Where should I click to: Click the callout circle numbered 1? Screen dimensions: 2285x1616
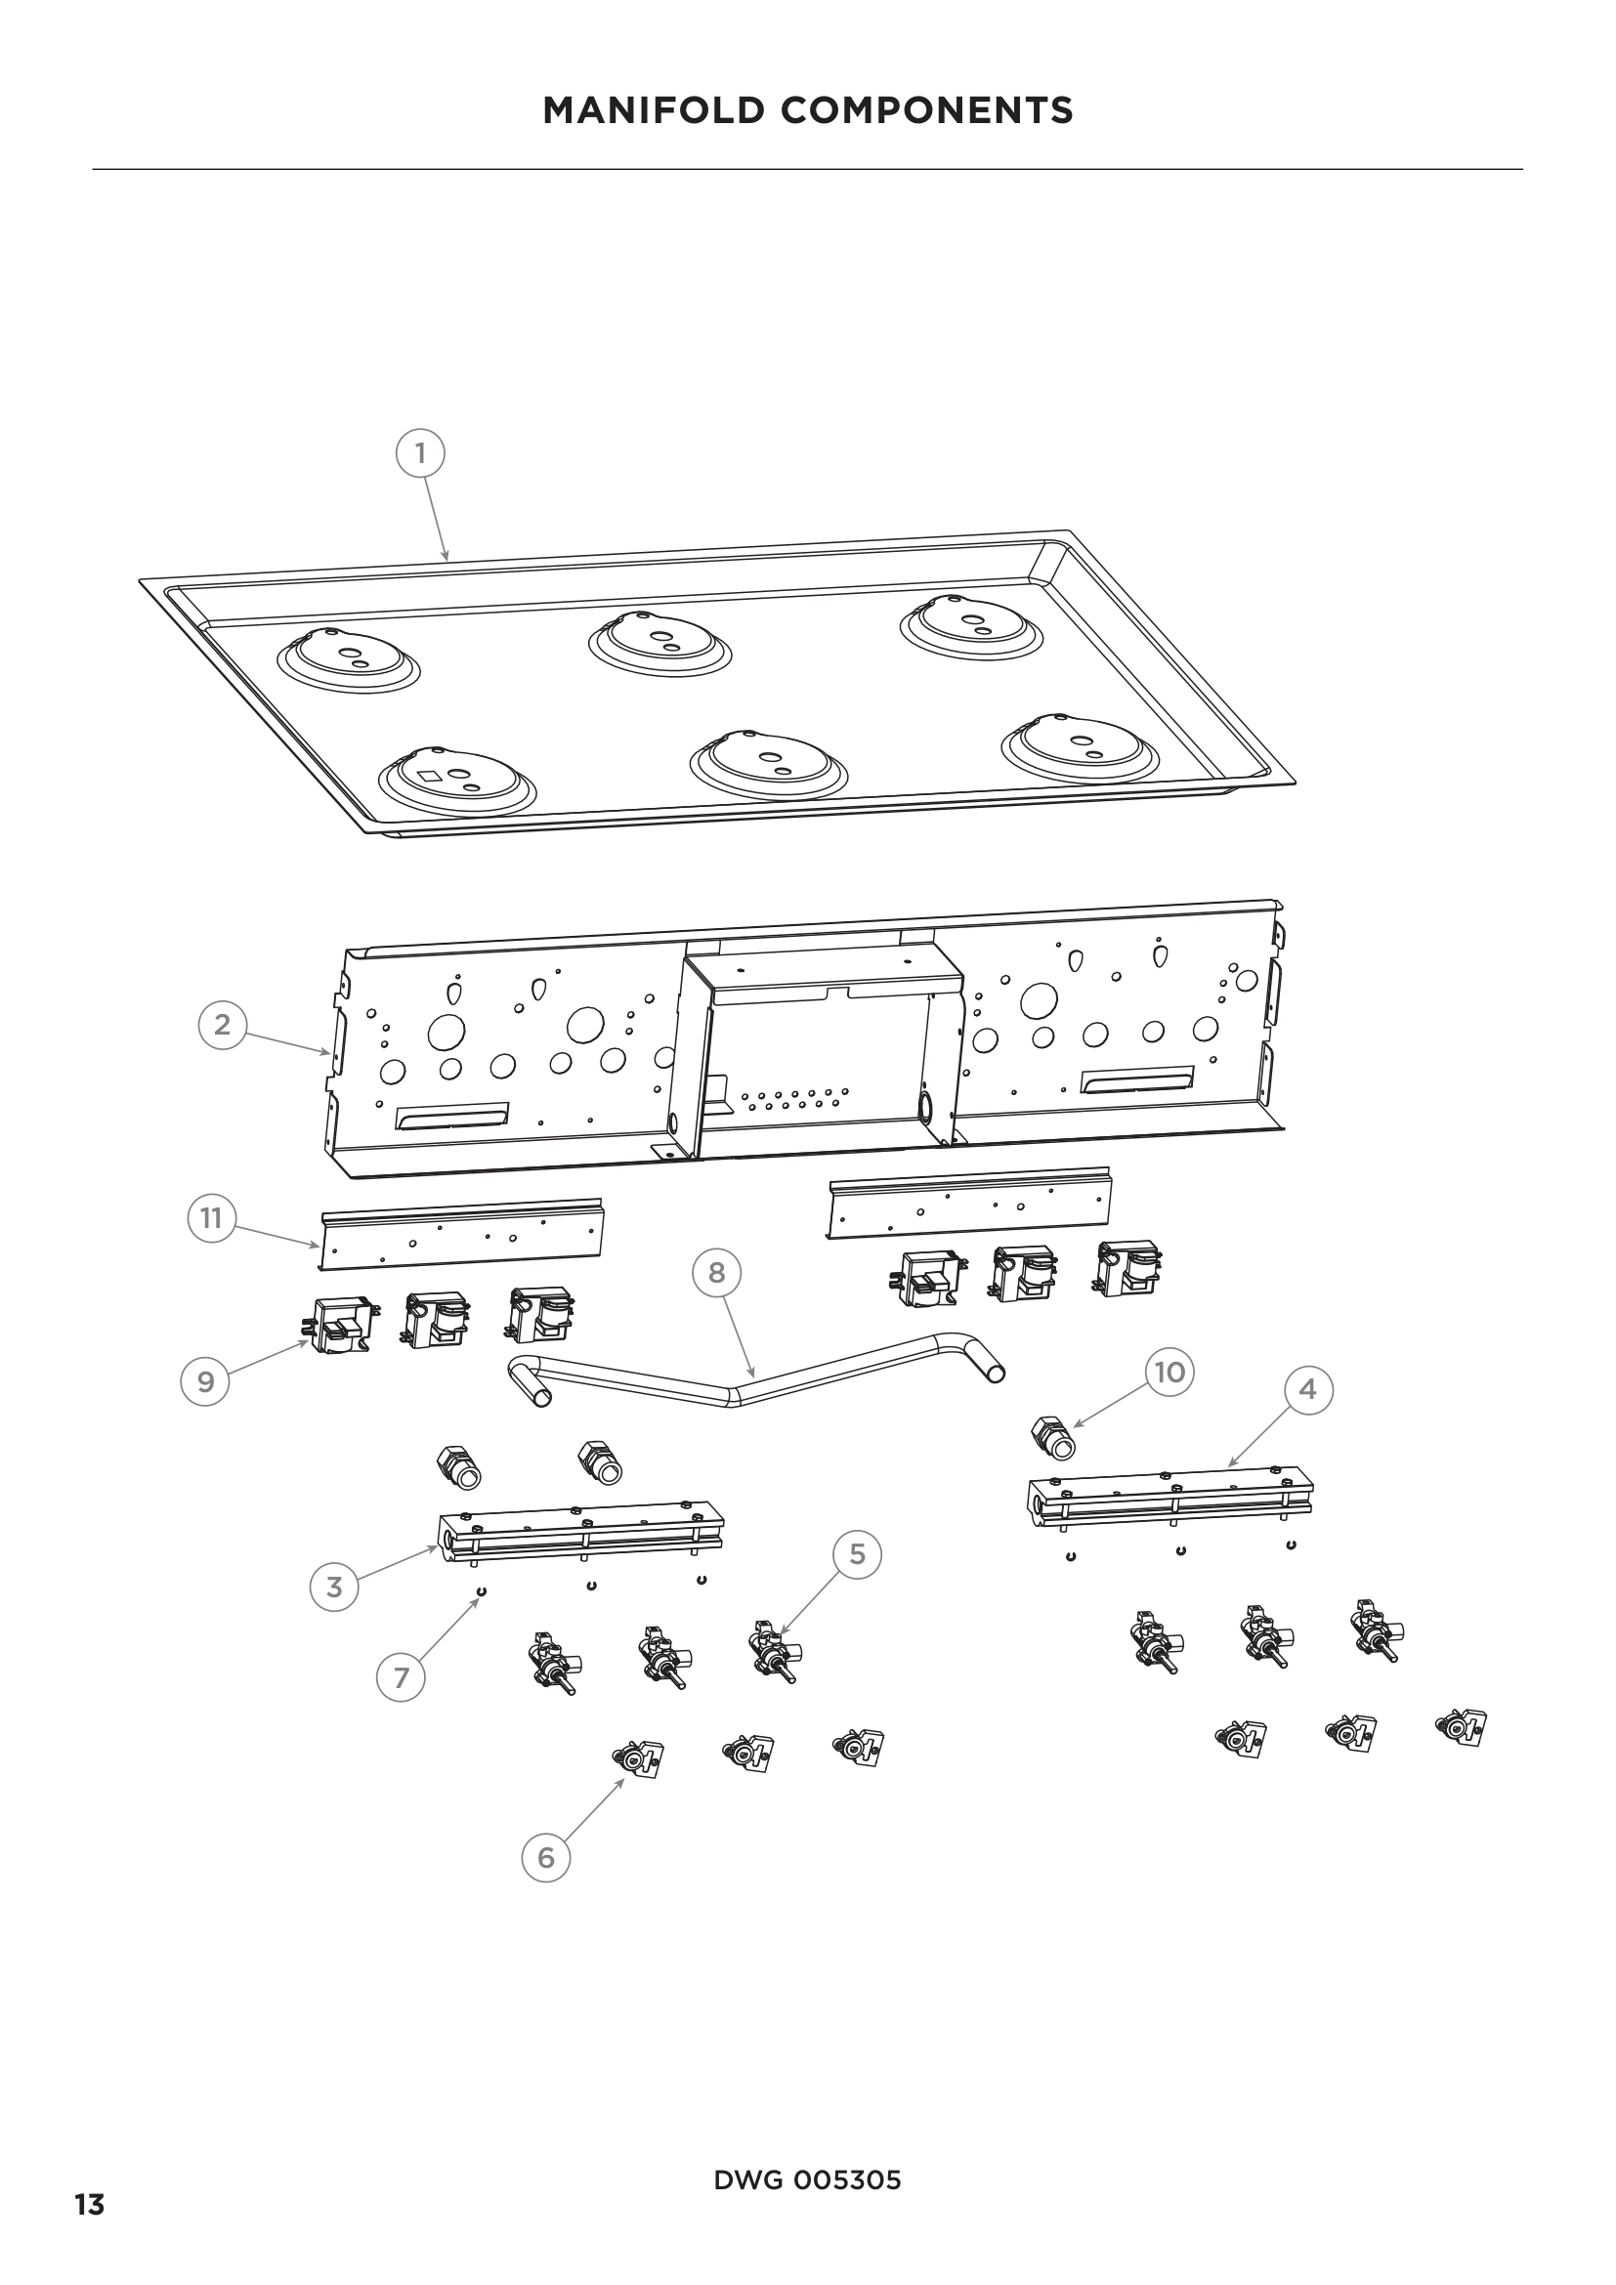tap(420, 454)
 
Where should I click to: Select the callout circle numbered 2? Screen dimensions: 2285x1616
tap(222, 1024)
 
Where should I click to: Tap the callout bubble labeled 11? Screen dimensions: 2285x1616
tap(211, 1218)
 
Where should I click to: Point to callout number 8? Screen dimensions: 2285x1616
tap(716, 1272)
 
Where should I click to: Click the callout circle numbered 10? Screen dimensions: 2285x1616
tap(1169, 1373)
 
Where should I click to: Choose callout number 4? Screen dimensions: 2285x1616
tap(1307, 1388)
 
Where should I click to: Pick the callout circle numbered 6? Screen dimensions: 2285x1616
tap(545, 1857)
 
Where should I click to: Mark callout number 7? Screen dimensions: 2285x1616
tap(401, 1678)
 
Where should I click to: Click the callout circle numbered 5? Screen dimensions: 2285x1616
tap(858, 1553)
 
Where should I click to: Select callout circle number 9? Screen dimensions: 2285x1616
tap(206, 1382)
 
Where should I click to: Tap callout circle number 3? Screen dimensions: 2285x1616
tap(334, 1587)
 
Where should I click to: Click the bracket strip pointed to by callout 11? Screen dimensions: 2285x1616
tap(463, 1236)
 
